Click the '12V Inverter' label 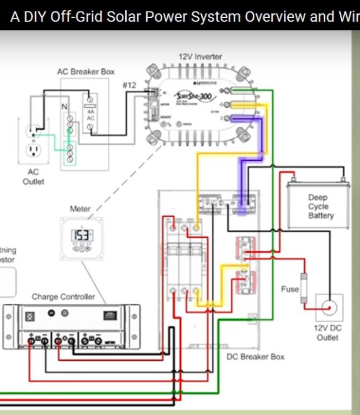click(x=200, y=57)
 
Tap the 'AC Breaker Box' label click(x=85, y=71)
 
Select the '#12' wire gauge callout click(x=129, y=85)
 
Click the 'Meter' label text click(x=80, y=209)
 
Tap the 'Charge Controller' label click(x=63, y=296)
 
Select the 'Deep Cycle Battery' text click(x=320, y=206)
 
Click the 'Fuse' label click(x=290, y=289)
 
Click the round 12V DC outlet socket click(x=329, y=308)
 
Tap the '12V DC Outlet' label click(x=328, y=333)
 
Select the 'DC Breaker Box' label click(x=256, y=357)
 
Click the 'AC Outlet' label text click(x=33, y=176)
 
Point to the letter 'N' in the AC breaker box click(x=64, y=107)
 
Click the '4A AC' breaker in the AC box click(x=91, y=114)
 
